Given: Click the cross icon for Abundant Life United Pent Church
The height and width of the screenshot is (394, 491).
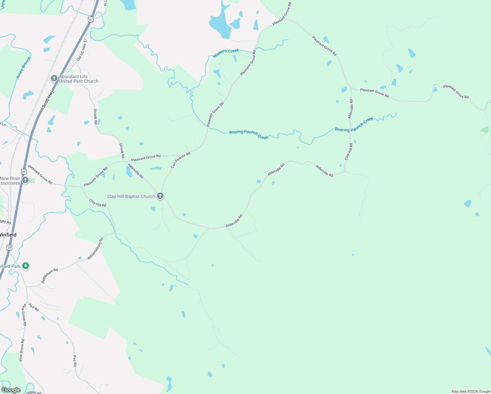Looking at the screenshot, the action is (x=54, y=79).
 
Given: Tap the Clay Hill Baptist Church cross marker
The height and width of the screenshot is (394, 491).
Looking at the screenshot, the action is (x=160, y=196).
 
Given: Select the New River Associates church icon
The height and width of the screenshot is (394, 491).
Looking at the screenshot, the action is (x=25, y=180).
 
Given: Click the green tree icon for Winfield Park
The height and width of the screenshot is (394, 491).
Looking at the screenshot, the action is (x=26, y=266).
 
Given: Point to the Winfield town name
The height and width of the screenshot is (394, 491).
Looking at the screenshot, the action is (x=8, y=235).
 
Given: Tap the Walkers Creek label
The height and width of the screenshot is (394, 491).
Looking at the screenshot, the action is (x=226, y=53).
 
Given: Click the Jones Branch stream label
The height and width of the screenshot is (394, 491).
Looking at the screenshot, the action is (x=24, y=68).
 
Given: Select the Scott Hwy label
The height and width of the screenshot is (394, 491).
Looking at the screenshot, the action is (x=48, y=99).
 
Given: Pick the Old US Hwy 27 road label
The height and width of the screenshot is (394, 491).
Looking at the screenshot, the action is (x=82, y=50).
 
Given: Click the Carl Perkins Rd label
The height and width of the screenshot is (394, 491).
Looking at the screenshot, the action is (x=181, y=160).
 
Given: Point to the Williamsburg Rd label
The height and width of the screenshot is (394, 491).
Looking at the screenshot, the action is (x=95, y=249).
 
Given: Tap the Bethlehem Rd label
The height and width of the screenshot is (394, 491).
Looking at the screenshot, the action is (x=49, y=276).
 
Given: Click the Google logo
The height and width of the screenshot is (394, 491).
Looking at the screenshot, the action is (x=11, y=390).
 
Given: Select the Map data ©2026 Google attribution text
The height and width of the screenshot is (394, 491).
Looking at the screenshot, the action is (x=471, y=391).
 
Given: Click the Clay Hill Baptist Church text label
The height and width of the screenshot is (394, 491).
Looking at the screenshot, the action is (x=131, y=196).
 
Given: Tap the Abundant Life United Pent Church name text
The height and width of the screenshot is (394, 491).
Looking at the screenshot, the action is (x=79, y=79).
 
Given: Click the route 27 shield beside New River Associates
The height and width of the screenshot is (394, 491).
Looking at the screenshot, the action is (x=23, y=171).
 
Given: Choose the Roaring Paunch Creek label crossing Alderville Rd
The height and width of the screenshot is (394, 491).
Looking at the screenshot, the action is (x=354, y=125).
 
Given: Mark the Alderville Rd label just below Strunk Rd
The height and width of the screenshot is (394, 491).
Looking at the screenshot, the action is (x=136, y=171).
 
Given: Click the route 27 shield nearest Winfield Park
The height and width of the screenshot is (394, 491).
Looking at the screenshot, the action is (x=10, y=247).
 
